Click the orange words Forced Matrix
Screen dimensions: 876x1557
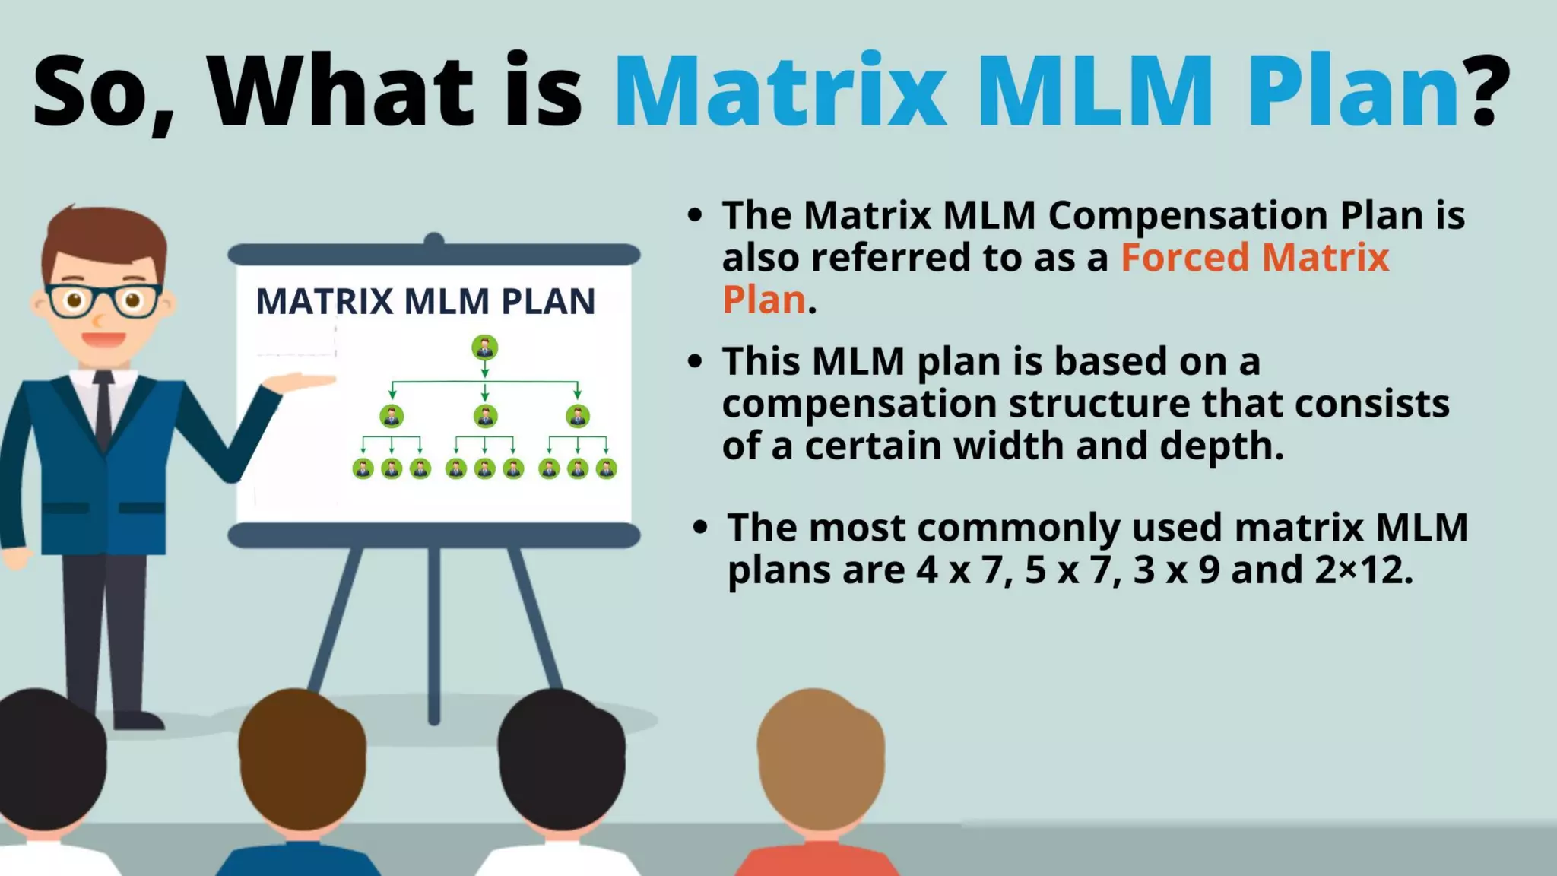point(1254,258)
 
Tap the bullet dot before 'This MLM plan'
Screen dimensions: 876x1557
point(694,361)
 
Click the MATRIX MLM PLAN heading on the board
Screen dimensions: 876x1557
point(426,302)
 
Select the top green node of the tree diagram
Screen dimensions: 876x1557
point(485,348)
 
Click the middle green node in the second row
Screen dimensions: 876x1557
point(485,416)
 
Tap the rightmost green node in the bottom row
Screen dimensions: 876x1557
point(606,468)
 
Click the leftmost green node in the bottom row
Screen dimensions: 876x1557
point(363,468)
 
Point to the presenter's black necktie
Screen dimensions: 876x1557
point(103,411)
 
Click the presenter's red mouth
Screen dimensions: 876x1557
point(103,339)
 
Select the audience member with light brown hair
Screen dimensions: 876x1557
point(821,760)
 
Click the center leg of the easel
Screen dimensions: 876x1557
point(433,631)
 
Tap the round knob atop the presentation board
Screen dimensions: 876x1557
point(433,240)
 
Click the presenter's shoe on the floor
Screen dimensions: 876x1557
point(137,719)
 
